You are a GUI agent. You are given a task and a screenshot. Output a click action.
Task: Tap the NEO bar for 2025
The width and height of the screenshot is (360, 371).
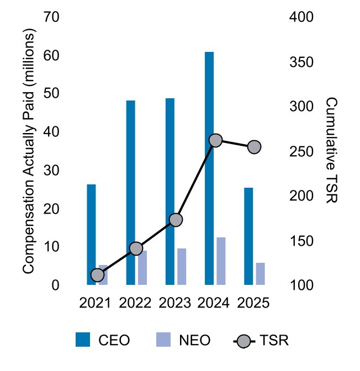(x=260, y=274)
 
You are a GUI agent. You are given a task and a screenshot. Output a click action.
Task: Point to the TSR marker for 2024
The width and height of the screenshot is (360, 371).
(x=215, y=140)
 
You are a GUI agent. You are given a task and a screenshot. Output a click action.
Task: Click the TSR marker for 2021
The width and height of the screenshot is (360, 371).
(x=97, y=275)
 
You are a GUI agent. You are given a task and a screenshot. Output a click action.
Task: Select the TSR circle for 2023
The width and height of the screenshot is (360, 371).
(x=176, y=220)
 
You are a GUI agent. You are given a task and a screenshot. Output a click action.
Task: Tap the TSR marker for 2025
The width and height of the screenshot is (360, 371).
(x=254, y=147)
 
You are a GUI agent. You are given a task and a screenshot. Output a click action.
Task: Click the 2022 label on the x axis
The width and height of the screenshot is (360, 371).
(x=136, y=303)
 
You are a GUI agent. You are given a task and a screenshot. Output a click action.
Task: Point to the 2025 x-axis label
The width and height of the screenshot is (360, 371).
(x=253, y=303)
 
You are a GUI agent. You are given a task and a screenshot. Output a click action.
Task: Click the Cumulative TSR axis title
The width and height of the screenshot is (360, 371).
(x=332, y=151)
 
